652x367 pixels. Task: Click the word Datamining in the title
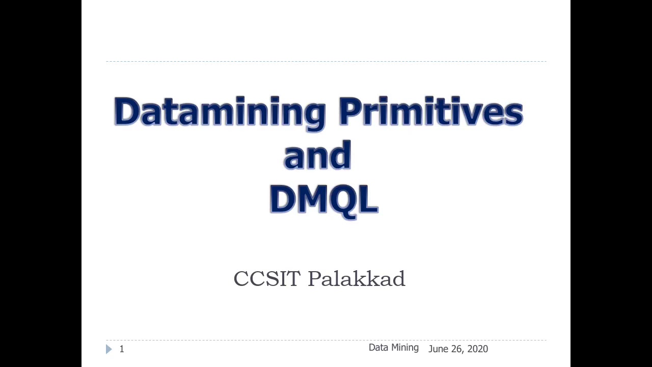tap(220, 111)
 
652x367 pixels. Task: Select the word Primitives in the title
tap(431, 111)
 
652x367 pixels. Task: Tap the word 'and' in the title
tap(317, 155)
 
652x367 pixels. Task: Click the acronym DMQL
tap(323, 199)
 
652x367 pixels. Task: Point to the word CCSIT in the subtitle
tap(267, 279)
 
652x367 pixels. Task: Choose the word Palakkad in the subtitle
tap(356, 279)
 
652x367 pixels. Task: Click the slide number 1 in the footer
tap(122, 349)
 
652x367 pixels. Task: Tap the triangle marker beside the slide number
tap(108, 349)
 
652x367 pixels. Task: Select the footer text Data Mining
tap(393, 348)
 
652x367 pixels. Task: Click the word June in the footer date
tap(439, 349)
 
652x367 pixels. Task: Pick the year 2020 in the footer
tap(477, 349)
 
